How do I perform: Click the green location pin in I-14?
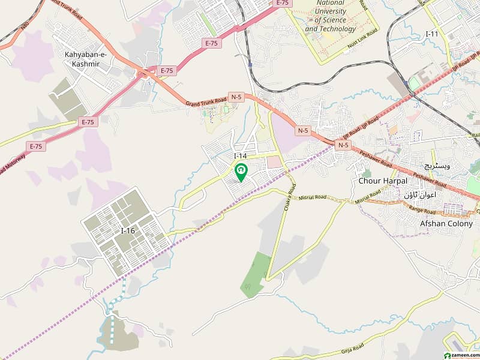pos(241,172)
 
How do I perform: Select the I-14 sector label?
pos(240,156)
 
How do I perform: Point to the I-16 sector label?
pos(128,230)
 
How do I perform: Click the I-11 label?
pos(431,34)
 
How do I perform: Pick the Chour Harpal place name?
pos(382,181)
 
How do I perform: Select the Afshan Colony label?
pos(446,224)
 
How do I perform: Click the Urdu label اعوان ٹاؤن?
pos(420,195)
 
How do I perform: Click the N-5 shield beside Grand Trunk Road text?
pos(236,98)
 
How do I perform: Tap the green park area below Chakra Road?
pos(257,274)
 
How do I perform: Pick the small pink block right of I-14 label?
pos(274,162)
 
